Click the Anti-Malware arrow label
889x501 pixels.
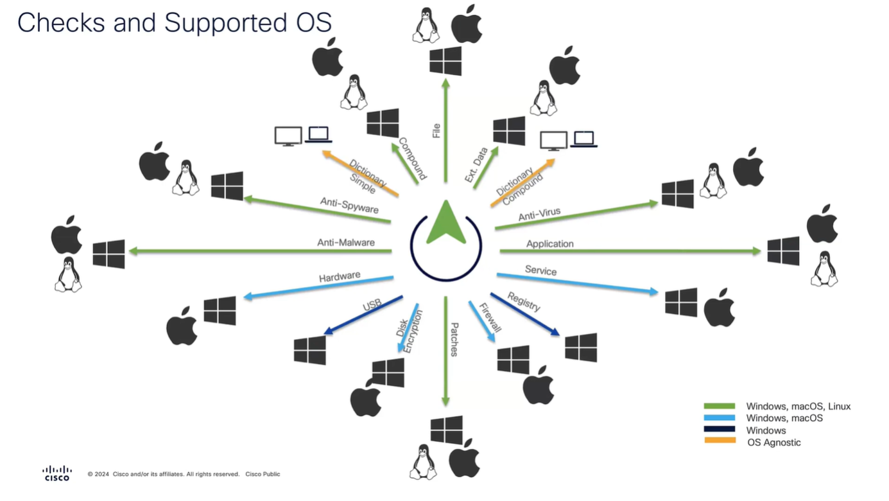(x=345, y=243)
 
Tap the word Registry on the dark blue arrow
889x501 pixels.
(x=524, y=301)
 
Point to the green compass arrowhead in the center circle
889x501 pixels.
(x=446, y=223)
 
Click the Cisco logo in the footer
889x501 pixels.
(x=57, y=473)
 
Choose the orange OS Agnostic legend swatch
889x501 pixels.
(x=720, y=441)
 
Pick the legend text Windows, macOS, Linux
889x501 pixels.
(x=798, y=406)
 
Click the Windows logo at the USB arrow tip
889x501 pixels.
(x=310, y=350)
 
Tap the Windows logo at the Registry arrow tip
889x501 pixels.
(x=581, y=347)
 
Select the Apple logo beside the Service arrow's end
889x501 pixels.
(x=719, y=308)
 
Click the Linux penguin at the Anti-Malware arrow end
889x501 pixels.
(x=68, y=275)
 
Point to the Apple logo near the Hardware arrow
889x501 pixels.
(x=182, y=326)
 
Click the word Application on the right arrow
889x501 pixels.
(x=549, y=244)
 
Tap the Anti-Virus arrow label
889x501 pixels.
(x=539, y=215)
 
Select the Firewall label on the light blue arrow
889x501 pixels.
(x=490, y=318)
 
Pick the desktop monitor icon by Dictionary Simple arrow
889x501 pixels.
(x=288, y=136)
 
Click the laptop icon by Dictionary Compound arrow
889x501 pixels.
(x=583, y=139)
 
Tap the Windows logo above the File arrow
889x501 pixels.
(x=445, y=61)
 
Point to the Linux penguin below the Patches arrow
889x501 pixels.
(x=424, y=461)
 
